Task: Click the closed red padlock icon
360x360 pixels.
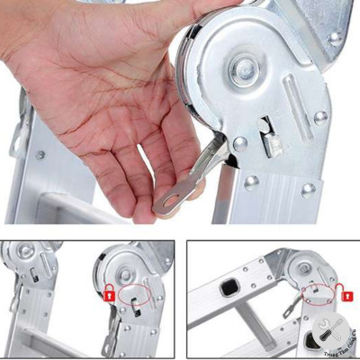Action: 108,293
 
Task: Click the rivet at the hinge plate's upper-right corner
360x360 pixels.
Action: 335,39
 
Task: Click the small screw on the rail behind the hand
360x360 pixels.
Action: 40,155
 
